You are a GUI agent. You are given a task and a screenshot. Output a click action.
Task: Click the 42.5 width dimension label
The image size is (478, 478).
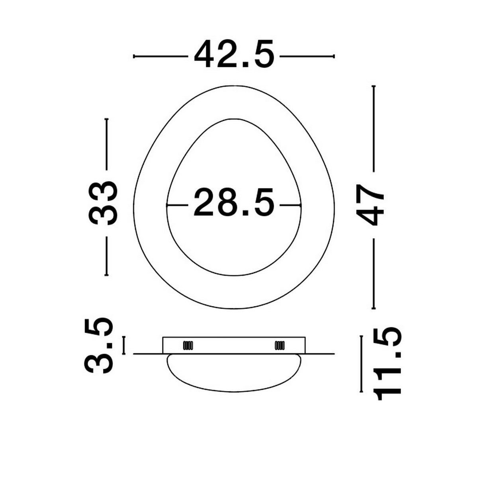click(x=234, y=54)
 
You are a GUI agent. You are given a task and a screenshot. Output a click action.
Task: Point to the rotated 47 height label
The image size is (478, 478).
click(x=370, y=205)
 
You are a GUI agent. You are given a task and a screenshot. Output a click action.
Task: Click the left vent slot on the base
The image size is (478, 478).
click(x=188, y=345)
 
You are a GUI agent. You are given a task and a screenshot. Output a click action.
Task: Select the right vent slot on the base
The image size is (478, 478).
click(x=280, y=345)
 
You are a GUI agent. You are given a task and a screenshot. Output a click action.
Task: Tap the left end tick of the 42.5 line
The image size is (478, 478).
click(x=134, y=56)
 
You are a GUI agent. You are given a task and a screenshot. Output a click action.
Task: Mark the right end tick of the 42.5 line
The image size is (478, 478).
click(x=334, y=56)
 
